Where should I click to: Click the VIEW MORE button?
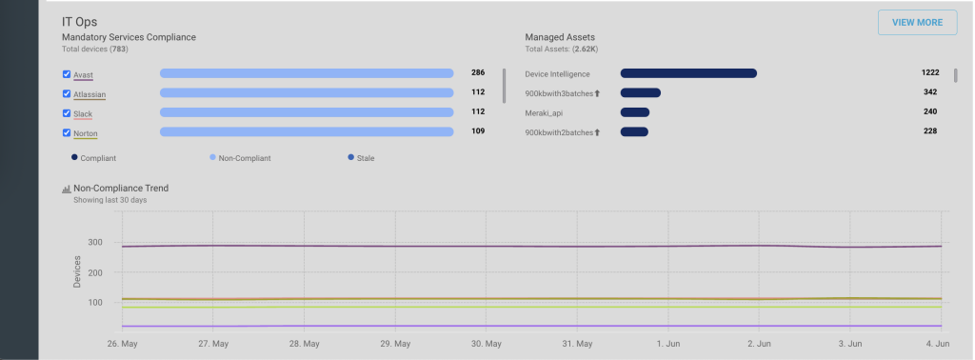click(917, 23)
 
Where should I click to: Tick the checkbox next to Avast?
click(67, 74)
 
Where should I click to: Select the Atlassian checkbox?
click(67, 94)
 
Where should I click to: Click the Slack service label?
click(83, 114)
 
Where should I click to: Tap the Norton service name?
click(85, 133)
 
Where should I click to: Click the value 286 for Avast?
click(478, 72)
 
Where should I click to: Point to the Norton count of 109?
click(478, 131)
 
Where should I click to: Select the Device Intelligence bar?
click(688, 73)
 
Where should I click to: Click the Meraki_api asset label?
click(544, 113)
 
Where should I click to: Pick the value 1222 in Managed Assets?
click(930, 72)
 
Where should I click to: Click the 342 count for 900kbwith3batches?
click(930, 92)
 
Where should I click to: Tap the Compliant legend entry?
click(94, 158)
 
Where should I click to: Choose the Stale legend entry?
click(361, 158)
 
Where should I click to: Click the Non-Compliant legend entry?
click(240, 158)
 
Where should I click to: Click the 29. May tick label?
click(394, 344)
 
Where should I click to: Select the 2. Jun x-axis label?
click(759, 344)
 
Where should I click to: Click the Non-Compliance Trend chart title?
click(121, 188)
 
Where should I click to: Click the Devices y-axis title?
click(78, 271)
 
